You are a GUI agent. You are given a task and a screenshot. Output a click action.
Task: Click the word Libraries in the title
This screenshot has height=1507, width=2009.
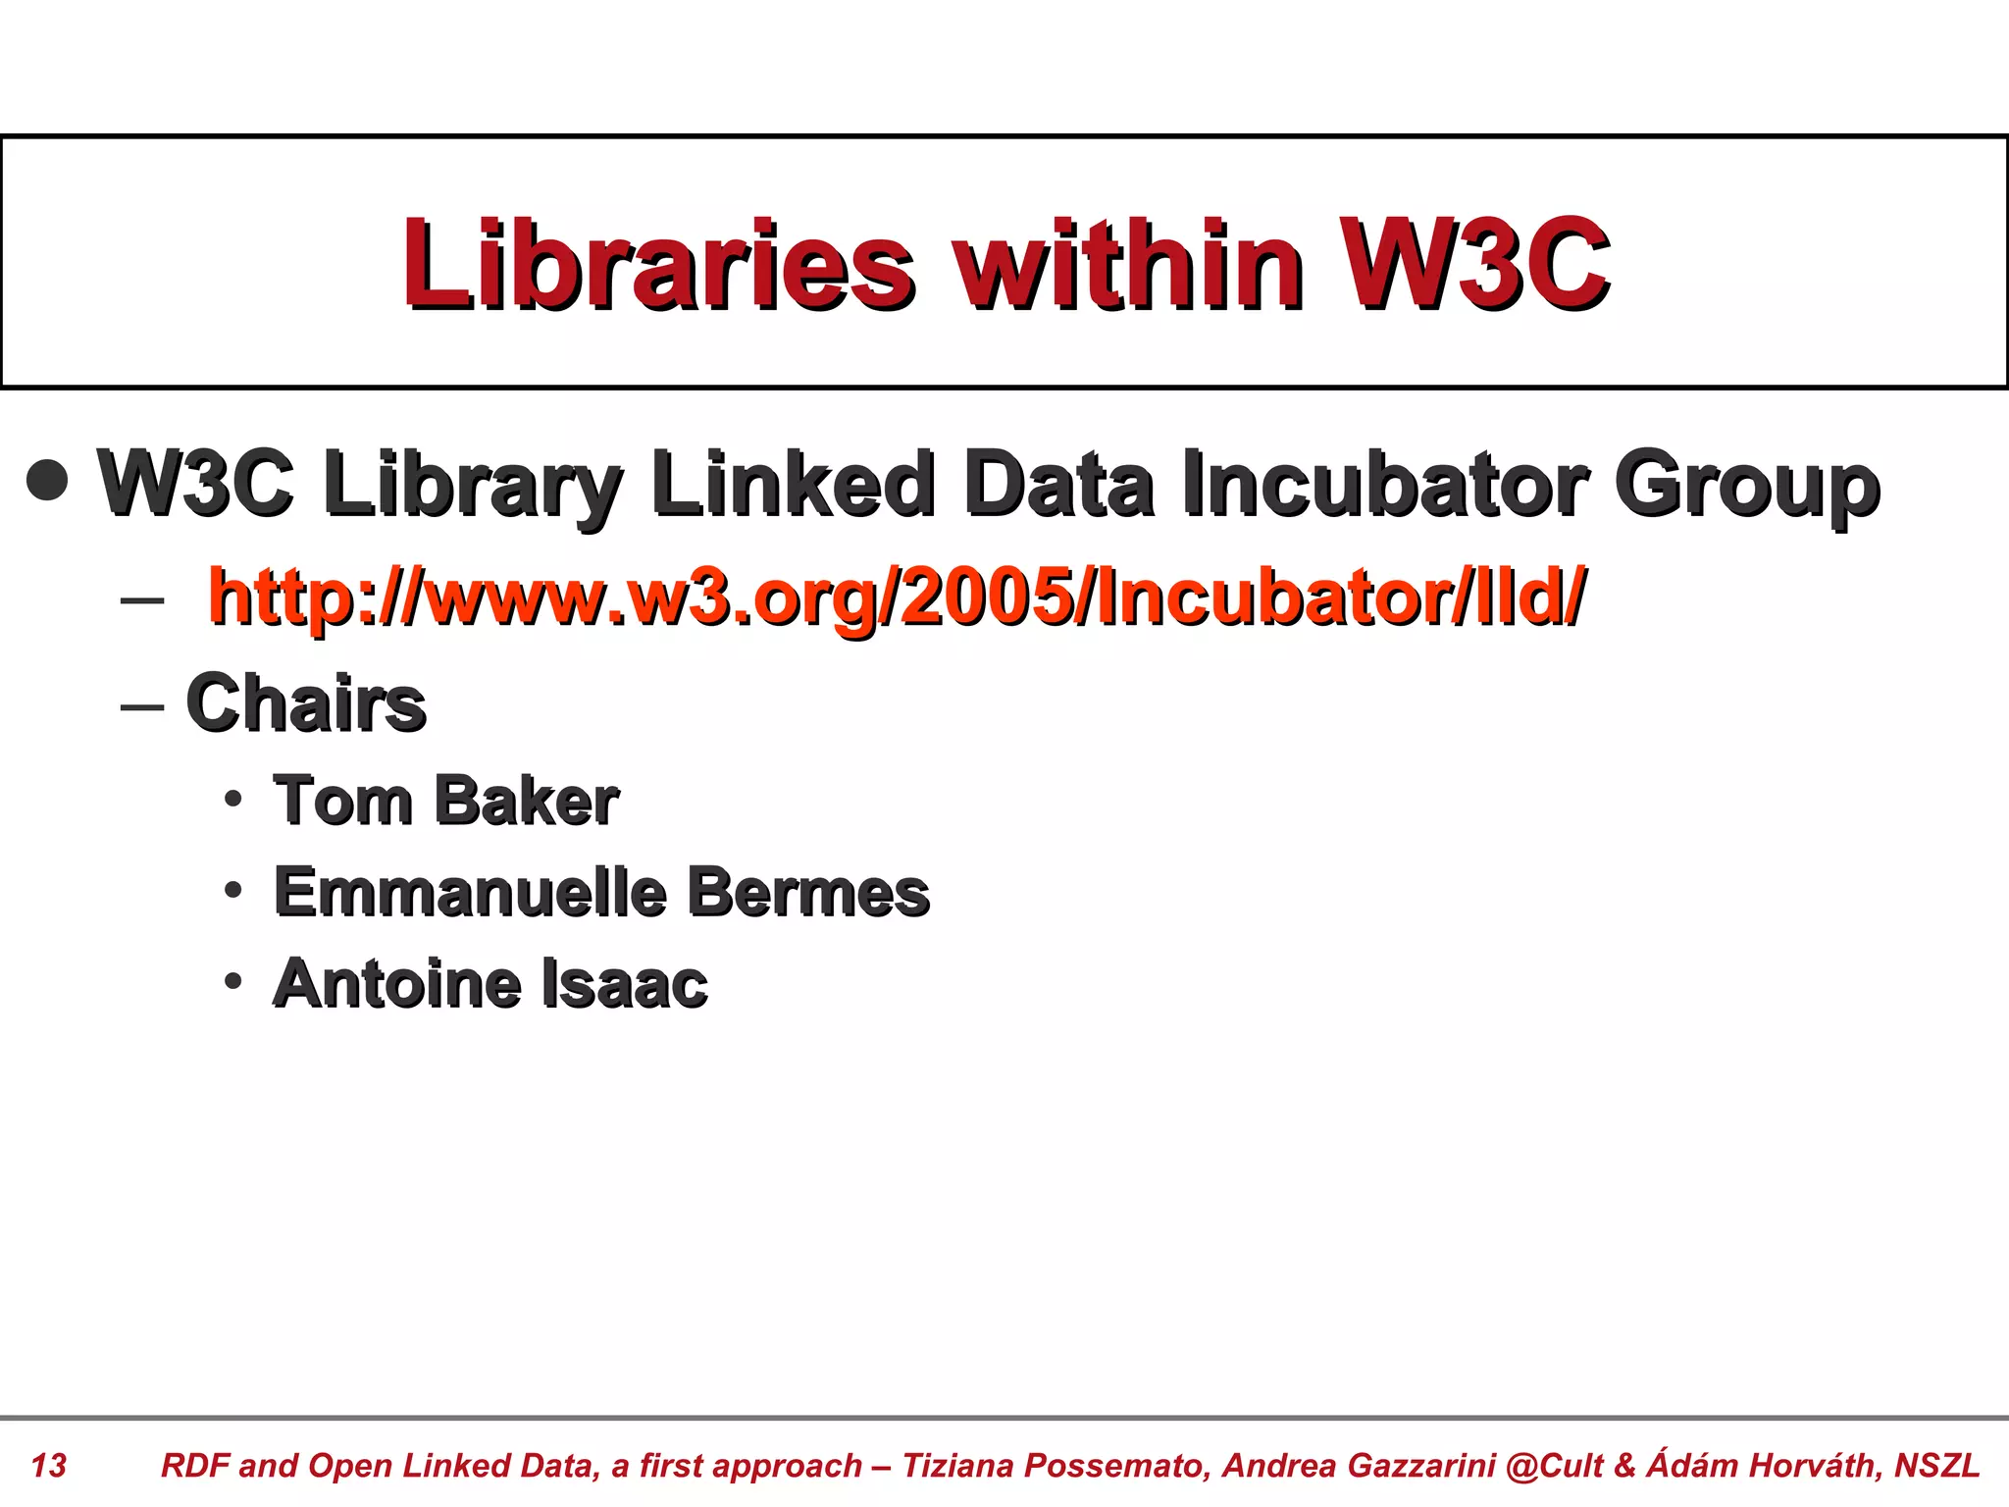coord(658,263)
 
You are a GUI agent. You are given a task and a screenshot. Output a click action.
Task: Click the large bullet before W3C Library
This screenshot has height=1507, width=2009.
coord(48,482)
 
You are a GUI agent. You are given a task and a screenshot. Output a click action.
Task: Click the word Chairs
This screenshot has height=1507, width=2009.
coord(306,702)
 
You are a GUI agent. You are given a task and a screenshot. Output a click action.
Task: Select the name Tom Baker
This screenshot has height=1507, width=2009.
coord(446,801)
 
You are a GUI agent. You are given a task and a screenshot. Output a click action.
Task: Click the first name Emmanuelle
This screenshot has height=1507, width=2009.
coord(470,892)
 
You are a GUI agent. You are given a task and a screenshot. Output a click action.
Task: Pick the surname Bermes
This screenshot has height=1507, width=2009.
coord(807,892)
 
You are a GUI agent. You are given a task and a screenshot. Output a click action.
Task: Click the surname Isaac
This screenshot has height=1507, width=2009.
coord(624,983)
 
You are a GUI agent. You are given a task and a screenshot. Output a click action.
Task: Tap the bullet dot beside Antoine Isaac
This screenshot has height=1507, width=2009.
coord(232,981)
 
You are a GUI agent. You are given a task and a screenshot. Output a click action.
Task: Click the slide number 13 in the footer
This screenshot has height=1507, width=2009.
coord(48,1465)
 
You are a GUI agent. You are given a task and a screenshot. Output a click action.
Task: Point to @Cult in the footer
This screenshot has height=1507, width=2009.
coord(1554,1465)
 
